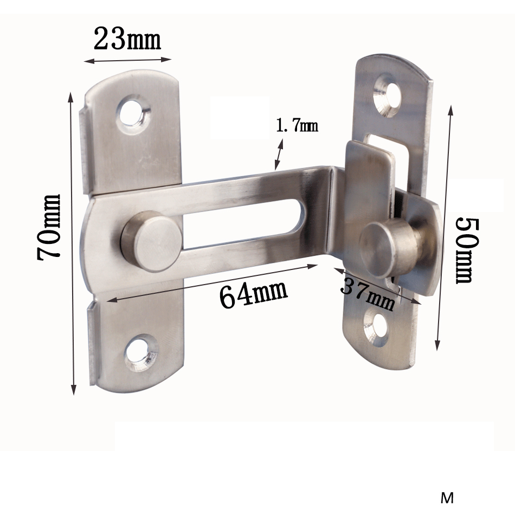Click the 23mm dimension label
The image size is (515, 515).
[127, 39]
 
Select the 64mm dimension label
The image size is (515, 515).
[253, 294]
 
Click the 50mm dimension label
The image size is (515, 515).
[464, 250]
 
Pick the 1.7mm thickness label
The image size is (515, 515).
[297, 126]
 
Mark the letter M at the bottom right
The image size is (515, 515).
[447, 498]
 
